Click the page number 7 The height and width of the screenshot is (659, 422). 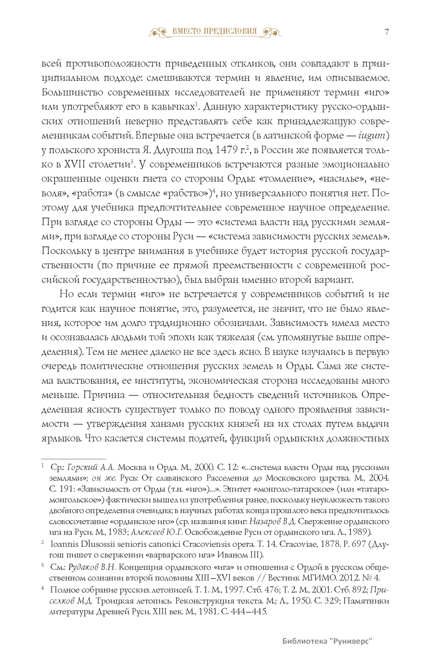387,32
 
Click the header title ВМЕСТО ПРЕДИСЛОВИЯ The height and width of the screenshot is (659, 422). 215,31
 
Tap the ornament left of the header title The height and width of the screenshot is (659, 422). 159,32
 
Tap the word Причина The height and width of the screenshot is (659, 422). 104,395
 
